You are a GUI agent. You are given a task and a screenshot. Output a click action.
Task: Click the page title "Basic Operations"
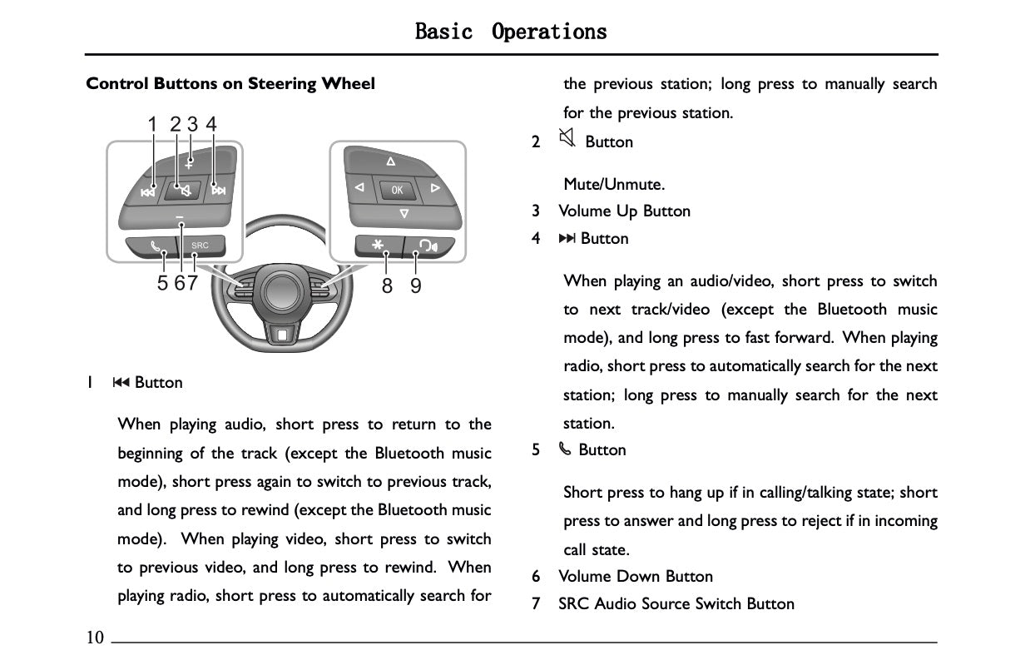[511, 32]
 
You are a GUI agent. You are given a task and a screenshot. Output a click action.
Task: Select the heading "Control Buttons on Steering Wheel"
[230, 84]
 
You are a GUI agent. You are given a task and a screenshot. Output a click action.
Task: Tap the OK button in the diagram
[397, 190]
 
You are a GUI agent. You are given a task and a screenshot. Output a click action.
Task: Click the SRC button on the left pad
[201, 246]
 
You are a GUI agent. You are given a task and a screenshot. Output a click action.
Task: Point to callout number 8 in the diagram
[387, 285]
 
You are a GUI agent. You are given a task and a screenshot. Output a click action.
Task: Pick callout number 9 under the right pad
[416, 285]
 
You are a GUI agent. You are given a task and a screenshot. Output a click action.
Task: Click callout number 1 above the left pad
[152, 125]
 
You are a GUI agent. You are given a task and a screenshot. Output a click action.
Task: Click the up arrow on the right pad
[390, 160]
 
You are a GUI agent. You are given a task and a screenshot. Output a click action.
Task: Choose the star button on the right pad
[379, 246]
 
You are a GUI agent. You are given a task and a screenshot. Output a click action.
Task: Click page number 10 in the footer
[95, 638]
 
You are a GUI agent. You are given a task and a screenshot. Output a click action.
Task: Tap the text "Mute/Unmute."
[602, 184]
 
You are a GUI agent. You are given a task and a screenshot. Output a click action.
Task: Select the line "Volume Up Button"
[624, 211]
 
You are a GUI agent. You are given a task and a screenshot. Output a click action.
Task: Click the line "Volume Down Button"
[636, 577]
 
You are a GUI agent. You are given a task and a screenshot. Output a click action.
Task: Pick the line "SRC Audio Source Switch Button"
[676, 604]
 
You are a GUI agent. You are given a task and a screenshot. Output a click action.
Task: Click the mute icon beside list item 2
[567, 139]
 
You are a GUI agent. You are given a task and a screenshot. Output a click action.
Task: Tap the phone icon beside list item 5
[565, 450]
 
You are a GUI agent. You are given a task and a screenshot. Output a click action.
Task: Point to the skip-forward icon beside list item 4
[567, 239]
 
